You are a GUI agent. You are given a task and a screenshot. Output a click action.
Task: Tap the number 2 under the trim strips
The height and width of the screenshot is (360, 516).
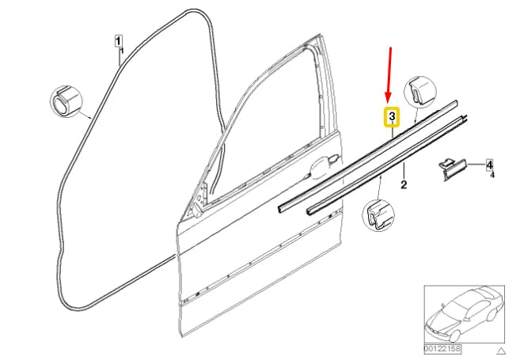tap(404, 186)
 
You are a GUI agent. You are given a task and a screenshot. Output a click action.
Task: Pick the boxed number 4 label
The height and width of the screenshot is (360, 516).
tap(489, 165)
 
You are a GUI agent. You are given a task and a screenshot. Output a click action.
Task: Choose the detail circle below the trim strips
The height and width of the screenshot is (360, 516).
tap(378, 215)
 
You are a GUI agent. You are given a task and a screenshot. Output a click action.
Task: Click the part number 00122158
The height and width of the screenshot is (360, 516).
tap(442, 347)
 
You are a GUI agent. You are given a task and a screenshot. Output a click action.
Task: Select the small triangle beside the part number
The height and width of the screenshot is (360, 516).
tap(499, 348)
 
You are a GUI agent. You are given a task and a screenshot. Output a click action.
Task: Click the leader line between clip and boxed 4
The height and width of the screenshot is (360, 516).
tap(472, 164)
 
